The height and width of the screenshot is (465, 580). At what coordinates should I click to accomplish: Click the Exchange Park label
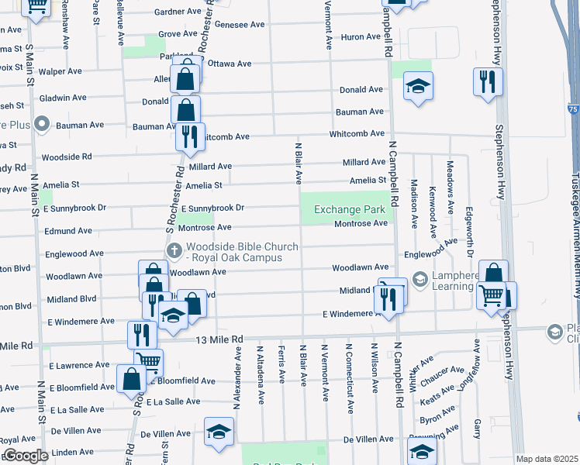349,209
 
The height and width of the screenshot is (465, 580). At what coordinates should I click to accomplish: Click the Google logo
25,456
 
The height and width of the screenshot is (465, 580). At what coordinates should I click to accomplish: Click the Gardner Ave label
178,12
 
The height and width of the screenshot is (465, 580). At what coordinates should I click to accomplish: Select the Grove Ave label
178,34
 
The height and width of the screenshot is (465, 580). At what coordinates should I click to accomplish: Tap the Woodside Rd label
67,157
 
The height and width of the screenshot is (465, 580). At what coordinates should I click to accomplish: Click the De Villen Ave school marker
219,431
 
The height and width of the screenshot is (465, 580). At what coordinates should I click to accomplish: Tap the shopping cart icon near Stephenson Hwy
490,295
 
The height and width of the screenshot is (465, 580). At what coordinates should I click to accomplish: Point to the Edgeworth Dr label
470,232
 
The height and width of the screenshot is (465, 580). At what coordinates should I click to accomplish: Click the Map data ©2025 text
546,459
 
